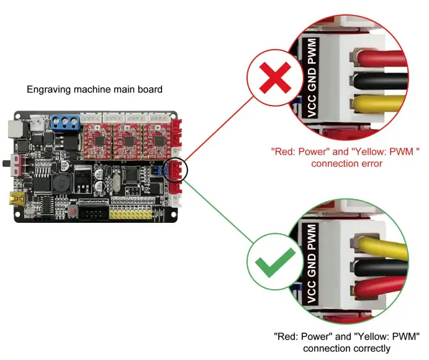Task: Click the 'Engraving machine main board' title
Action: pyautogui.click(x=94, y=89)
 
